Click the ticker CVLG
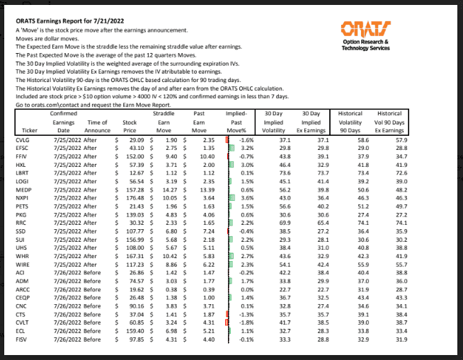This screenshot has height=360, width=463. [x=23, y=141]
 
